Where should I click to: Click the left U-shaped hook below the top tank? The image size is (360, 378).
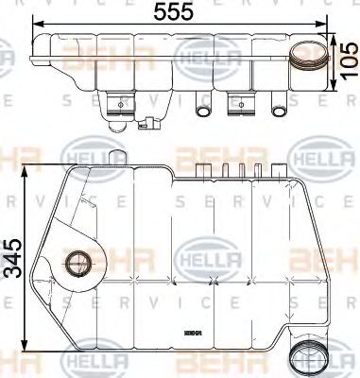200,112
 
